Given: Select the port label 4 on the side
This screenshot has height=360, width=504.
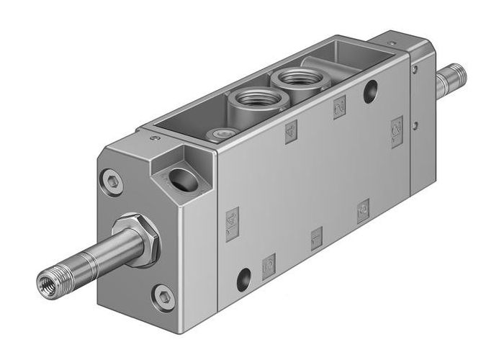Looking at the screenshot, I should click(291, 132).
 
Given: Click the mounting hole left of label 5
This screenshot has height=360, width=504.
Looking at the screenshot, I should click(244, 276).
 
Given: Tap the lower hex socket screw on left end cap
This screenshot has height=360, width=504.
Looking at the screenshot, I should click(163, 295).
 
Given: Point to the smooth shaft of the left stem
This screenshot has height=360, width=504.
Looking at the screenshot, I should click(86, 259).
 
